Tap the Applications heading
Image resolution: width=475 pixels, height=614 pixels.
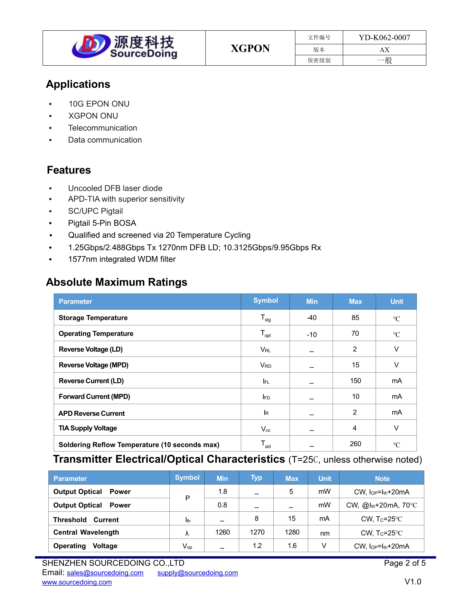[x=78, y=84]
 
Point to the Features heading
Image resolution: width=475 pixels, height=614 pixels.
[x=69, y=170]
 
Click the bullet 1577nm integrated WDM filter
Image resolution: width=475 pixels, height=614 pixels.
[x=122, y=259]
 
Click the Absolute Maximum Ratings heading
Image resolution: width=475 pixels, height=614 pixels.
[x=116, y=282]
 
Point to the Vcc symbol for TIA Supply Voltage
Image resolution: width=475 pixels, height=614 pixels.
[x=265, y=429]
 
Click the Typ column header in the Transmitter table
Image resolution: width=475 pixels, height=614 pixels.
[x=256, y=478]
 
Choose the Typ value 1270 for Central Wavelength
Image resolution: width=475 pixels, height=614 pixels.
[x=257, y=532]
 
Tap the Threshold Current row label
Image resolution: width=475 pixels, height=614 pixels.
[x=86, y=520]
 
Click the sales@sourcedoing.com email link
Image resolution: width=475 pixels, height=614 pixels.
[x=105, y=573]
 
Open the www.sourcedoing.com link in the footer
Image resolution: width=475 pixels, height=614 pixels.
[x=77, y=582]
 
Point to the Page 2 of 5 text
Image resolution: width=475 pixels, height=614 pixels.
[x=404, y=563]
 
